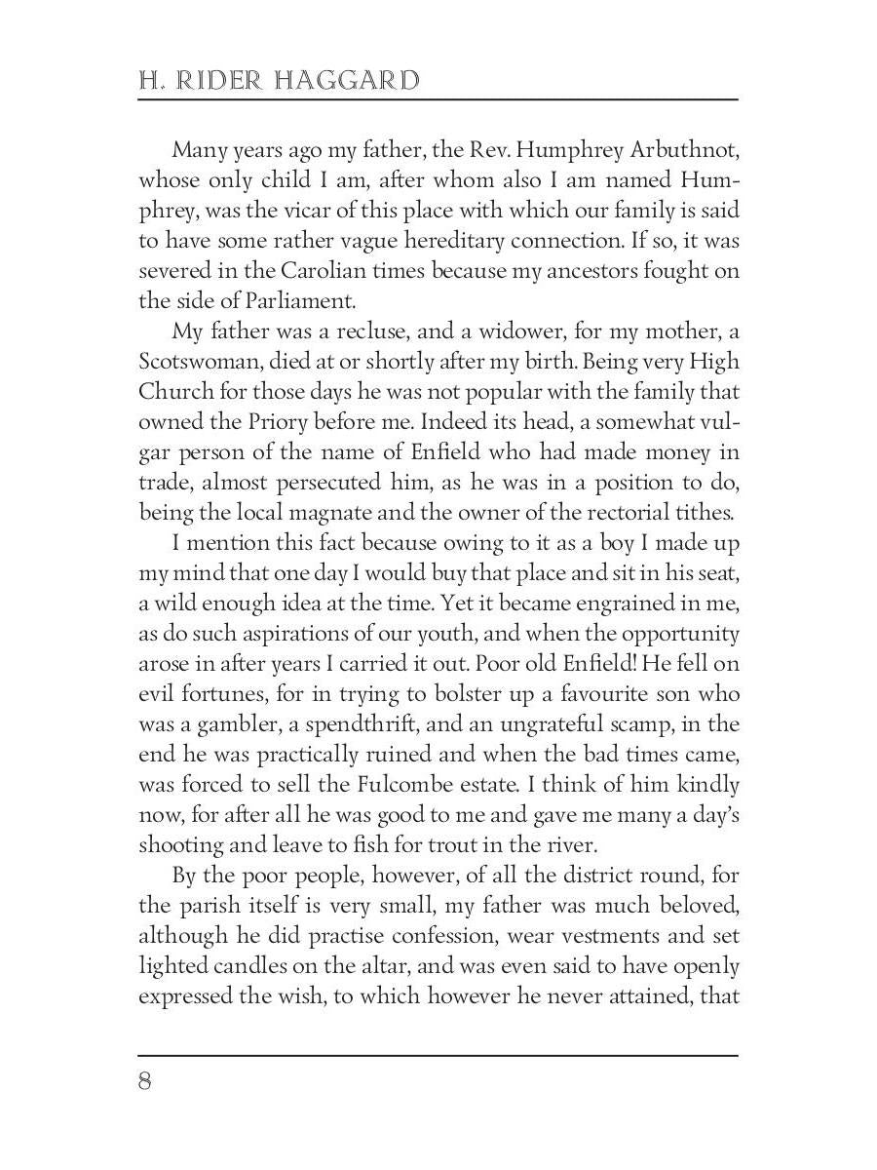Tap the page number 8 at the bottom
pos(145,1081)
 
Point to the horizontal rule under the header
pos(438,99)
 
